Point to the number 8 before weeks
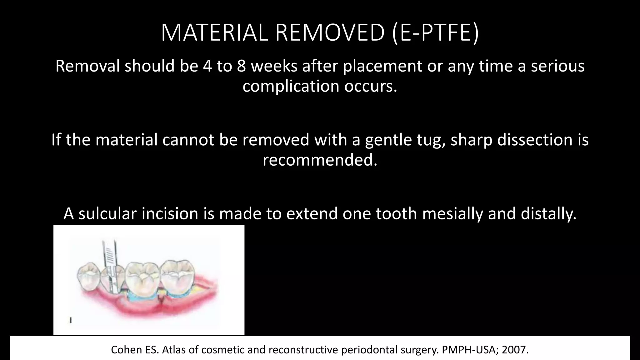click(x=241, y=66)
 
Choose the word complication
click(x=291, y=86)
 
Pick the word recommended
click(x=319, y=160)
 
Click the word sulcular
click(x=107, y=214)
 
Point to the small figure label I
click(x=71, y=320)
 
